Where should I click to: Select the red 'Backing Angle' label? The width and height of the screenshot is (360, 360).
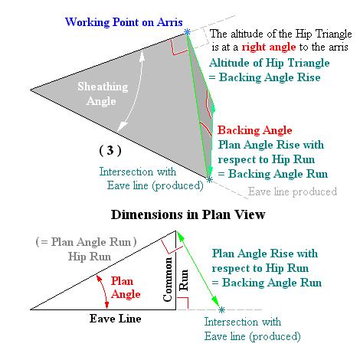(x=252, y=130)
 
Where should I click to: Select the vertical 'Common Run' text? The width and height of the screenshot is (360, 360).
(x=171, y=279)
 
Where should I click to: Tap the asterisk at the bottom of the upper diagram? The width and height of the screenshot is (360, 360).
(x=210, y=180)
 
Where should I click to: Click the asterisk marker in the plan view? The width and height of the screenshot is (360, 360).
(x=221, y=309)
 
